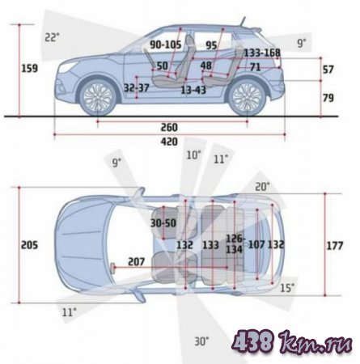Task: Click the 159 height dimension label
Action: [x=30, y=68]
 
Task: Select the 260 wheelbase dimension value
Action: [x=169, y=127]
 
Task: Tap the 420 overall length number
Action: [x=169, y=142]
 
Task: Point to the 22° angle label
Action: [x=52, y=37]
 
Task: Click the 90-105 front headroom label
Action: [x=166, y=44]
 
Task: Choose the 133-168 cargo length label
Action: [x=262, y=53]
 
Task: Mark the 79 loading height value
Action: [x=328, y=98]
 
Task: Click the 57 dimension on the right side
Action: [x=328, y=70]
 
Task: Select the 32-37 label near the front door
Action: [x=137, y=88]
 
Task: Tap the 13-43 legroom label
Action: [x=193, y=90]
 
